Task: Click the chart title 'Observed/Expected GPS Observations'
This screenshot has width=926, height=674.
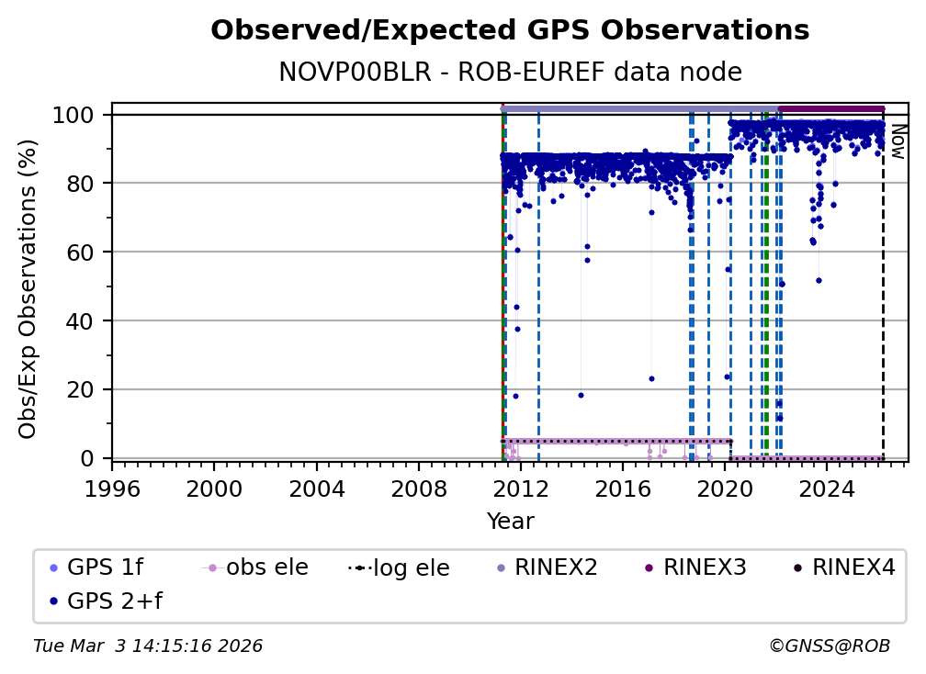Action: click(510, 31)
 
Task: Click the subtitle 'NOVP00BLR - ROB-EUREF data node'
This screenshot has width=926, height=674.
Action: click(510, 73)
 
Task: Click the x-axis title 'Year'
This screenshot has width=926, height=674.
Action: click(510, 522)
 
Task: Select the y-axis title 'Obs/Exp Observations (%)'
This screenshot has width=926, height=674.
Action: click(28, 289)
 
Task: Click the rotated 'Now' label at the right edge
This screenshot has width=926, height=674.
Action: click(898, 142)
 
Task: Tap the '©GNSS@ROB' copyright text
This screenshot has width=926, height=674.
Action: click(829, 646)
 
